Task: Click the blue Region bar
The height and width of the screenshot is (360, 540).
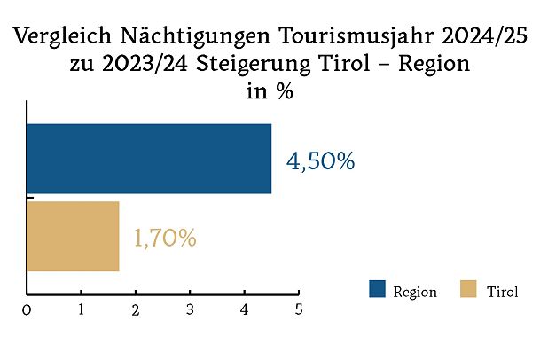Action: [x=149, y=159]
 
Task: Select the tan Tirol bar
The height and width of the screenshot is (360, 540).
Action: [x=73, y=237]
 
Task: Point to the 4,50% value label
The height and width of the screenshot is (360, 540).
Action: [x=320, y=161]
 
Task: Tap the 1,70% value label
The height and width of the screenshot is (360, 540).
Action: [x=165, y=239]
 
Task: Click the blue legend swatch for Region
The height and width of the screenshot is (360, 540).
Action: [x=377, y=290]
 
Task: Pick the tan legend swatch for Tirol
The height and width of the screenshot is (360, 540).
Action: [x=469, y=290]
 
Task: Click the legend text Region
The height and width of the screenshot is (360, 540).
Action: [x=415, y=292]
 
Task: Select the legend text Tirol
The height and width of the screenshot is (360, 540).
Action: [x=502, y=292]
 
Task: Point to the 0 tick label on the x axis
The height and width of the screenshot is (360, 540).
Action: [x=27, y=310]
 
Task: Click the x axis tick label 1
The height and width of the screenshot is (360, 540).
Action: [x=82, y=310]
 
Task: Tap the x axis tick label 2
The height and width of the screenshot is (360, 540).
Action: [x=136, y=310]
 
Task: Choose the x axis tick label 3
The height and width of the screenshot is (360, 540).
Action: [x=191, y=310]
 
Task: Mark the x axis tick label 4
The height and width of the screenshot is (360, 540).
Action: [x=245, y=310]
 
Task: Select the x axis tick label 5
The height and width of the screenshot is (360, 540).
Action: [x=299, y=310]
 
